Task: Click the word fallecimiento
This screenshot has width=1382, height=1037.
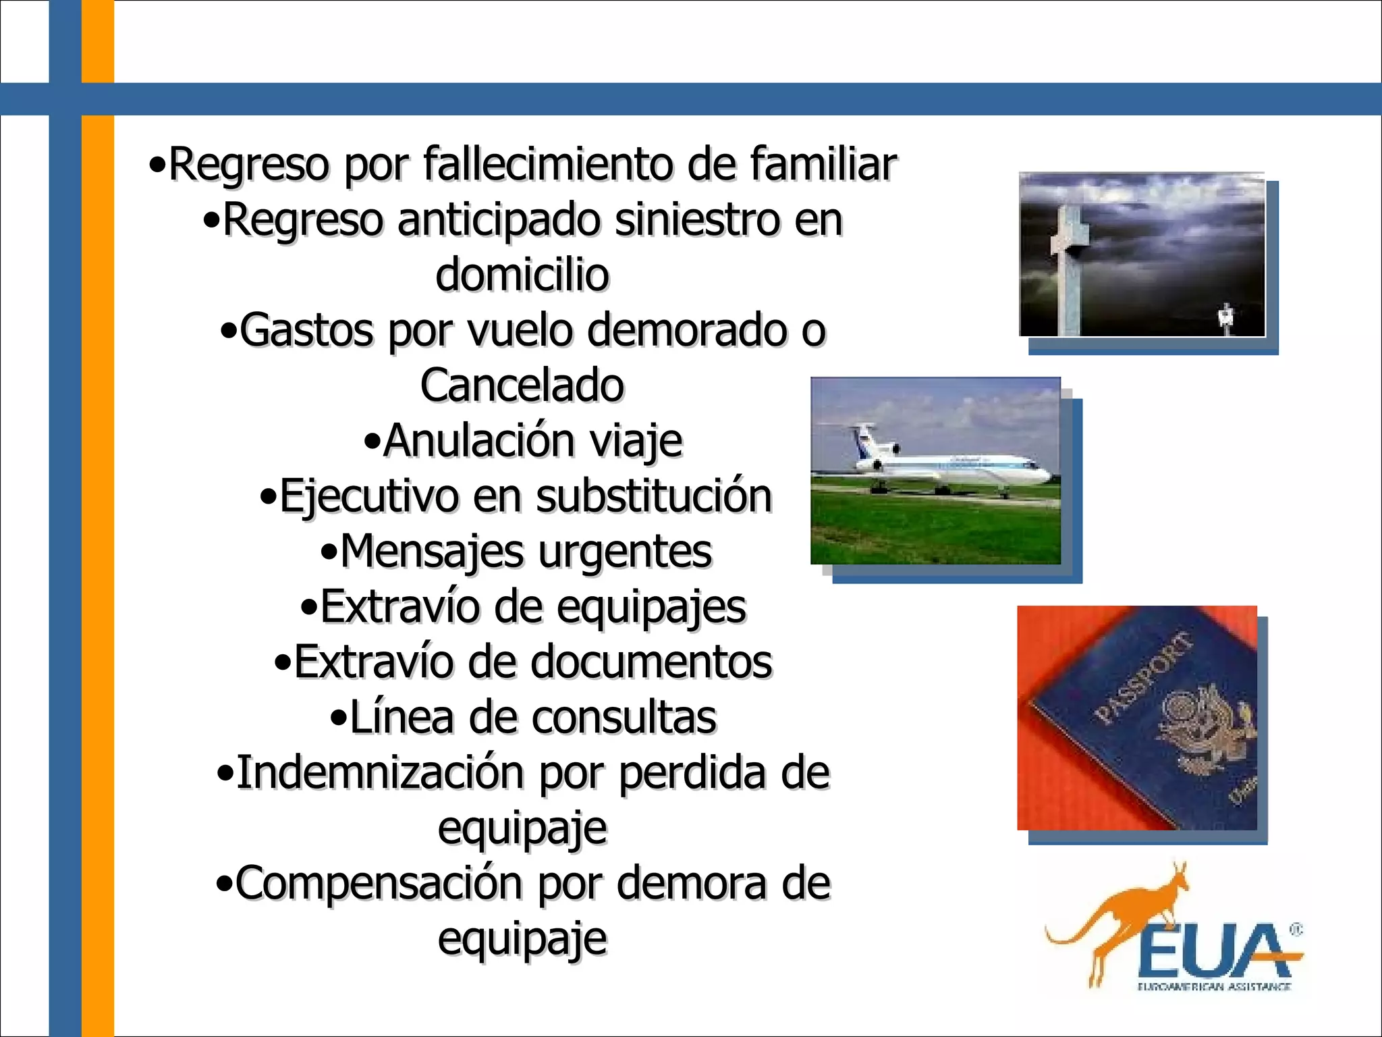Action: pos(548,164)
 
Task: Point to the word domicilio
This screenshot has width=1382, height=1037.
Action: pos(522,275)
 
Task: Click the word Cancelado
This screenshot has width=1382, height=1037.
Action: pos(522,385)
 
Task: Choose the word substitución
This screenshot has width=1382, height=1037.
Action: pos(653,496)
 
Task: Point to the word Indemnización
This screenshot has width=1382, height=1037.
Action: pos(379,772)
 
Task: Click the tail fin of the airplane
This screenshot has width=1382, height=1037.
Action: pos(866,439)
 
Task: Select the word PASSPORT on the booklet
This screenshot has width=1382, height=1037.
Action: pos(1142,677)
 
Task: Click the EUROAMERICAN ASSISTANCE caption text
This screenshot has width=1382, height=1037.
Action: pos(1214,986)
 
